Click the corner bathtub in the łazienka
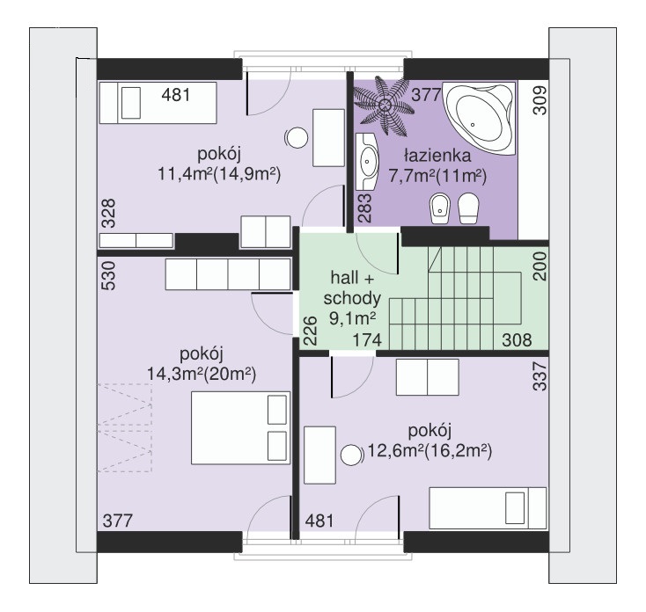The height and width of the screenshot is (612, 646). pos(479,118)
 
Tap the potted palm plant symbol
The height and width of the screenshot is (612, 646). pos(385,105)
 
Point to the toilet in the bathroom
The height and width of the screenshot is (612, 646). pos(468,208)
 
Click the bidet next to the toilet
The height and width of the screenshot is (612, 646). pos(439,208)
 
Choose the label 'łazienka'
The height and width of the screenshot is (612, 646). pos(437,156)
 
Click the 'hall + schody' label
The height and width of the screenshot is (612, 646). pos(352,288)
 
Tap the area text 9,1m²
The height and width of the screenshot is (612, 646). pos(352,318)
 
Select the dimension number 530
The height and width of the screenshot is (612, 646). pos(108,276)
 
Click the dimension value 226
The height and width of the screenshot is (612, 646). pos(310,331)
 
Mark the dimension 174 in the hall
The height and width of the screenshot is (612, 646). pos(368,340)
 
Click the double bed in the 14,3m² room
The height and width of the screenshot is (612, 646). pos(241,427)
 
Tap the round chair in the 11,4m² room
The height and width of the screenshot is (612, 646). pos(297,138)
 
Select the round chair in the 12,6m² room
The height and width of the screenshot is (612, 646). pos(352,455)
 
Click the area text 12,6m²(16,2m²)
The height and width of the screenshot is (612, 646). pos(429,451)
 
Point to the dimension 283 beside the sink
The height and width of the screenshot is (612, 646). pos(365,208)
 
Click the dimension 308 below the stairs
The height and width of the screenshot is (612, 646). pos(517,340)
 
